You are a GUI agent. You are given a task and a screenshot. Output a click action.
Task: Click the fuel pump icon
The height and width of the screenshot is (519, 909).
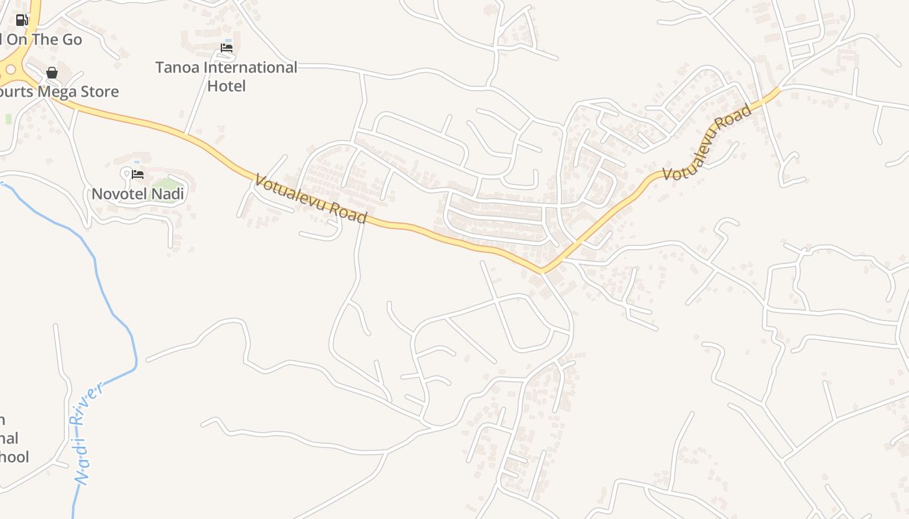tap(22, 19)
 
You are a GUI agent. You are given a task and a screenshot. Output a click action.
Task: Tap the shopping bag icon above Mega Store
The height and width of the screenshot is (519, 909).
tap(52, 73)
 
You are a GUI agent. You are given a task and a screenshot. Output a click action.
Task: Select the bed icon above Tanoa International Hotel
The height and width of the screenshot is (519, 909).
tap(227, 47)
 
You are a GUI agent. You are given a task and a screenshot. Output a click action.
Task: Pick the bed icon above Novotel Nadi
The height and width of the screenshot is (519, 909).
tap(138, 174)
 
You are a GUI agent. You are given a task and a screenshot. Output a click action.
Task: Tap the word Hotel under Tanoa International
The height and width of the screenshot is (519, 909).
tap(227, 86)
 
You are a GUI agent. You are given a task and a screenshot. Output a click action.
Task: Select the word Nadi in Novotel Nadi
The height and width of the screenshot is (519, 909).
tap(169, 194)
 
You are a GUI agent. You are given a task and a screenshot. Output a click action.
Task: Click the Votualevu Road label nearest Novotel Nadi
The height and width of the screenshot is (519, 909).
tap(311, 199)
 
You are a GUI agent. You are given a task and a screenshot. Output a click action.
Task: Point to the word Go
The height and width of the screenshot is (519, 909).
tap(71, 40)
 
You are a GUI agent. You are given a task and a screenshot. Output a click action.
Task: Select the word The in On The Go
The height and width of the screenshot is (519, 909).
tap(44, 40)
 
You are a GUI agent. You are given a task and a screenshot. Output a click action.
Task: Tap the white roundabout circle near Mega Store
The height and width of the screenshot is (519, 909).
tap(10, 69)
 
